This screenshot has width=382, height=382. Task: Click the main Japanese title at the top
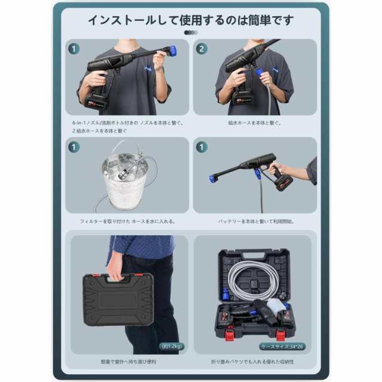click(x=191, y=20)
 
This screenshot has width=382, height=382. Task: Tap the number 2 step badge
click(x=202, y=49)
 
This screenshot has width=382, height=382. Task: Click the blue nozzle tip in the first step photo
click(x=172, y=51)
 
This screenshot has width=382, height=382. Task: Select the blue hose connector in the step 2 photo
click(x=260, y=72)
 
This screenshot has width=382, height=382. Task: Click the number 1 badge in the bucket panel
click(x=74, y=147)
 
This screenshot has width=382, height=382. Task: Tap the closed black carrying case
click(x=118, y=299)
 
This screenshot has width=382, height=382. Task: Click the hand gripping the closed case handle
click(x=115, y=273)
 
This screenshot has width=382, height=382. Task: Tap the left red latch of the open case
click(x=229, y=335)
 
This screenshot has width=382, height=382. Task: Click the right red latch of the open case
click(x=280, y=335)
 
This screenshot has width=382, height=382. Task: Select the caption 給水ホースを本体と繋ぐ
click(x=254, y=123)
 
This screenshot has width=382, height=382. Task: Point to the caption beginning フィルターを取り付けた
click(x=127, y=221)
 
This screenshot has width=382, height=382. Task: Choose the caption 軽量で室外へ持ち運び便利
click(x=127, y=362)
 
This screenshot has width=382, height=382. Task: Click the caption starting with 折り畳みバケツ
click(x=254, y=362)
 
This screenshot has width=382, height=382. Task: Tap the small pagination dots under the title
click(x=190, y=33)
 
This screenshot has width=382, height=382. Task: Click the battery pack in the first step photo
click(x=96, y=99)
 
